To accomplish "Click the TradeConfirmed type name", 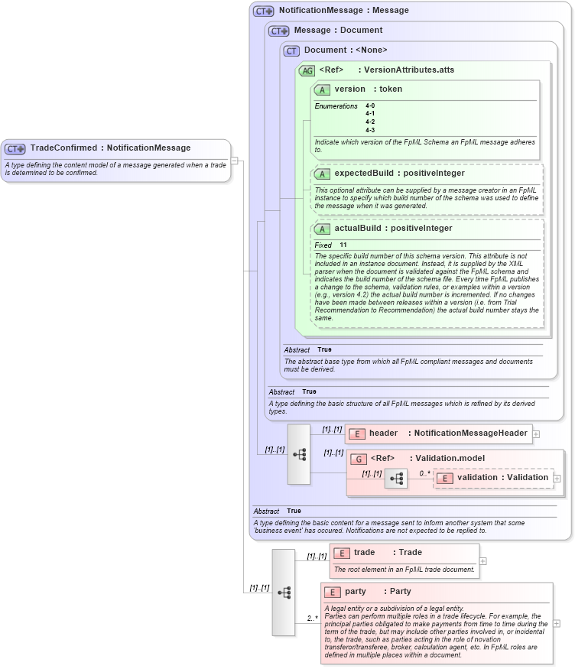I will (63, 148).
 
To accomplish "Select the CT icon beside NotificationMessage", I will (264, 11).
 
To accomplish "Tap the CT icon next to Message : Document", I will (279, 31).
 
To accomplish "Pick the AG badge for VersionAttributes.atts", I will (307, 70).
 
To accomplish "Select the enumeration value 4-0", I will (370, 106).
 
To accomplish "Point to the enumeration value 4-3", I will (370, 130).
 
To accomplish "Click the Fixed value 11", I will (343, 245).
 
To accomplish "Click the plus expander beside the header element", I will (536, 434).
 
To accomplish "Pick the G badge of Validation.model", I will (358, 459).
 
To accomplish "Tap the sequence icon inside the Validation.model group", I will (396, 479).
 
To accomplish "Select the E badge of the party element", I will (332, 592).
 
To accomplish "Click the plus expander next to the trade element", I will (483, 560).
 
